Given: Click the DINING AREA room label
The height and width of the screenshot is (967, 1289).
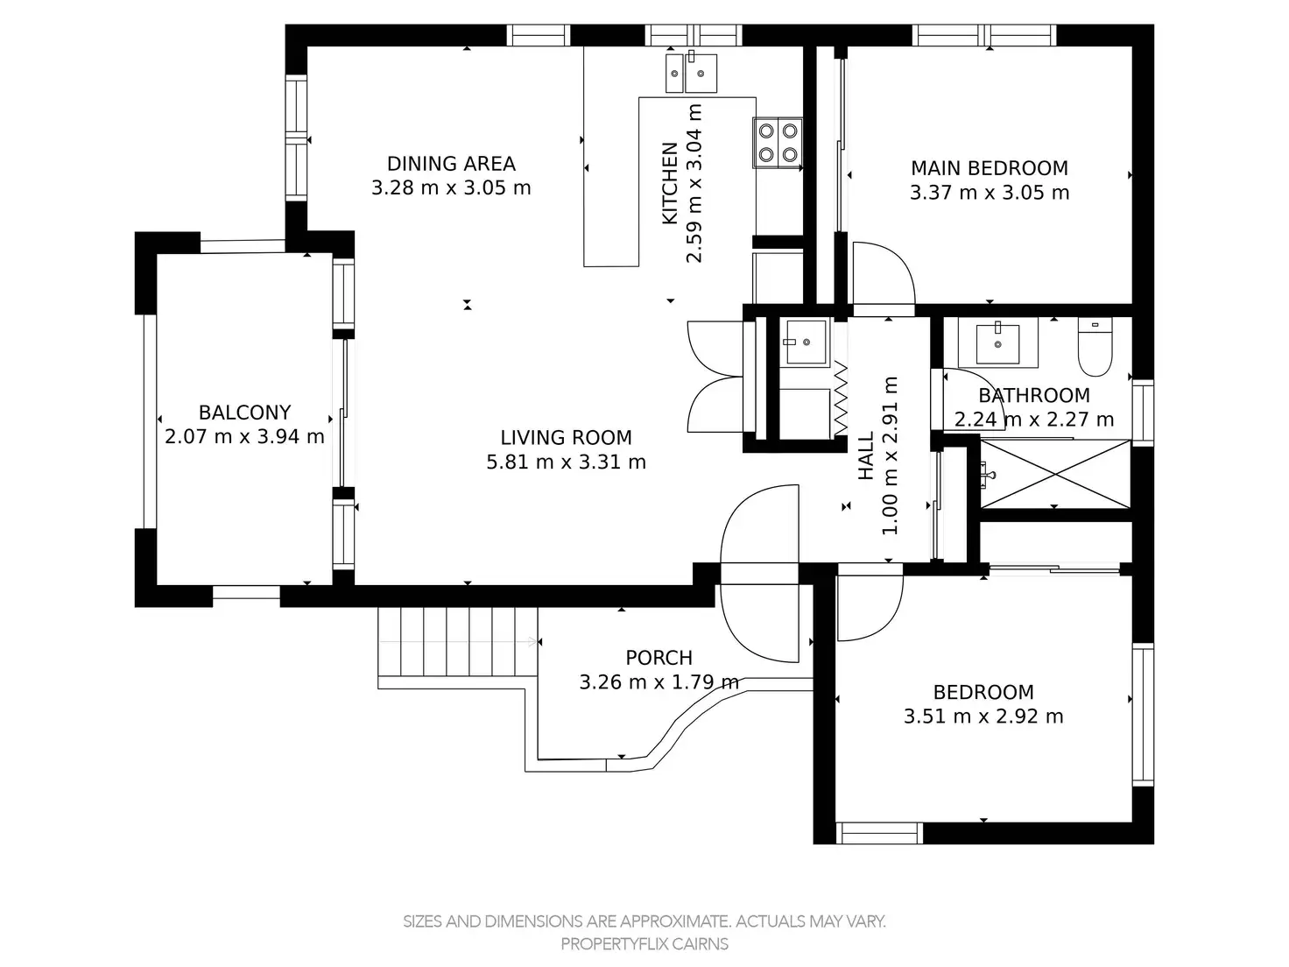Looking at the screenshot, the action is pyautogui.click(x=451, y=163).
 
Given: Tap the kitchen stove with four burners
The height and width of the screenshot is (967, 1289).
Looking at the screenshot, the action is pyautogui.click(x=778, y=143).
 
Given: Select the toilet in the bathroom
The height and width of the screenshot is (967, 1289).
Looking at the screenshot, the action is pyautogui.click(x=1095, y=347).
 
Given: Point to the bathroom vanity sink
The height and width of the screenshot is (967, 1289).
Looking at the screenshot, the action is pyautogui.click(x=997, y=343).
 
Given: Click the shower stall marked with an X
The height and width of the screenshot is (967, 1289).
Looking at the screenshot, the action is pyautogui.click(x=1055, y=475).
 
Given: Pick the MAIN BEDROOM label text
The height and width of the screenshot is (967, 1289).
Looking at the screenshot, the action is pyautogui.click(x=990, y=168).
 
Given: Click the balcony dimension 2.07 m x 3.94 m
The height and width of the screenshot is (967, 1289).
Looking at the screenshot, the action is pyautogui.click(x=244, y=437).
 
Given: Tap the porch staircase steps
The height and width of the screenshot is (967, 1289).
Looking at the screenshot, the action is pyautogui.click(x=458, y=642).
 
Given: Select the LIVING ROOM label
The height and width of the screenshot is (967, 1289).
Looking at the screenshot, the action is pyautogui.click(x=566, y=437).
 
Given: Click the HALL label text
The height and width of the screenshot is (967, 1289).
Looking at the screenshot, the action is pyautogui.click(x=867, y=455).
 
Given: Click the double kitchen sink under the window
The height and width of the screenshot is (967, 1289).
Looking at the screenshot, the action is pyautogui.click(x=691, y=73).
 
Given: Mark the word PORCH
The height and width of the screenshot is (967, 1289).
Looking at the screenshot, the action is pyautogui.click(x=659, y=658).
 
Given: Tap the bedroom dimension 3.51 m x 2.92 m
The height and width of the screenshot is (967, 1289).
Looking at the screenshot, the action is pyautogui.click(x=983, y=716).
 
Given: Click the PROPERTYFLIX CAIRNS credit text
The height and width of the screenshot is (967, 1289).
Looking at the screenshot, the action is pyautogui.click(x=644, y=943).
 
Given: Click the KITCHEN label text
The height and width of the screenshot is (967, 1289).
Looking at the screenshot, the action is pyautogui.click(x=670, y=183).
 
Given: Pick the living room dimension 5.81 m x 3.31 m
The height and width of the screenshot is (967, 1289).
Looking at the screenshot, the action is pyautogui.click(x=566, y=462).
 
